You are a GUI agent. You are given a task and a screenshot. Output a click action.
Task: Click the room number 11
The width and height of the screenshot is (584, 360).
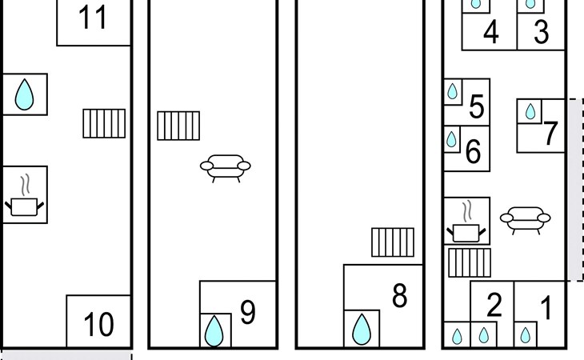pyautogui.click(x=93, y=18)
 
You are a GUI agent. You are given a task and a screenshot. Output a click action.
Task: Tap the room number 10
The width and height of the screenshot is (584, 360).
pyautogui.click(x=98, y=325)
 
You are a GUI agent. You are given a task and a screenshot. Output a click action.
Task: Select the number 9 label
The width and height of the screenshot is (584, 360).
pyautogui.click(x=248, y=314)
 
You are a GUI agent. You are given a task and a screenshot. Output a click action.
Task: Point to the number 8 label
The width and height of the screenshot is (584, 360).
pyautogui.click(x=400, y=296)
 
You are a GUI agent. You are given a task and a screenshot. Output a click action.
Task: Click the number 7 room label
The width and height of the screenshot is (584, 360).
pyautogui.click(x=550, y=134)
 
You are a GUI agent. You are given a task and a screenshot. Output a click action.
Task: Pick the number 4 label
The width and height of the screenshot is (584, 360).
pyautogui.click(x=491, y=34)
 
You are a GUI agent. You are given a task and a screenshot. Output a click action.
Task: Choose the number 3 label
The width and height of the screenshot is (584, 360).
pyautogui.click(x=542, y=34)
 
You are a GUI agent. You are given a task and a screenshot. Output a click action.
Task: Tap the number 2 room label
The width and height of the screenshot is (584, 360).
pyautogui.click(x=494, y=306)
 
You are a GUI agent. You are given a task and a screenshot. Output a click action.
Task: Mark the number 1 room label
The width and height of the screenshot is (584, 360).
pyautogui.click(x=546, y=308)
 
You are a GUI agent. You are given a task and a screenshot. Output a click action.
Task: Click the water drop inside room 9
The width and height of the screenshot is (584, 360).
pyautogui.click(x=214, y=330)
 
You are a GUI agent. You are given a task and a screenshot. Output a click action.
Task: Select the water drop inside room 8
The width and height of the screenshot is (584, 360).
pyautogui.click(x=362, y=329)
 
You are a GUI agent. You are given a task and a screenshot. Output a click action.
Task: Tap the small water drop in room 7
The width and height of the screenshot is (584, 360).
pyautogui.click(x=530, y=110)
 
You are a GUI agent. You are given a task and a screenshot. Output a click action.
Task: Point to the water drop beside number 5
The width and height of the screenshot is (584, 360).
pyautogui.click(x=453, y=92)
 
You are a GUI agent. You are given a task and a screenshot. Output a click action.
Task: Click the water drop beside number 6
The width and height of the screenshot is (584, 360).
pyautogui.click(x=452, y=139)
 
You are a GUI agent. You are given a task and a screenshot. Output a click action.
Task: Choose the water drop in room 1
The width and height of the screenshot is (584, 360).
pyautogui.click(x=525, y=334)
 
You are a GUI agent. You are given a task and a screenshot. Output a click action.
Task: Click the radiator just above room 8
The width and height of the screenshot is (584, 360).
pyautogui.click(x=392, y=242)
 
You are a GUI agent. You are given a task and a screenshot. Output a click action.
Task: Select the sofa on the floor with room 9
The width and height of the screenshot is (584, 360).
pyautogui.click(x=225, y=167)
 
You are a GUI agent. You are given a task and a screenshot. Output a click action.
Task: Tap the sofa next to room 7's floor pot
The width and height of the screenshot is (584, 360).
pyautogui.click(x=525, y=218)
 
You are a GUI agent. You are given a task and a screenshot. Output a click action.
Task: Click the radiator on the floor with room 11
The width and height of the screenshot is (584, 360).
pyautogui.click(x=104, y=123)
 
